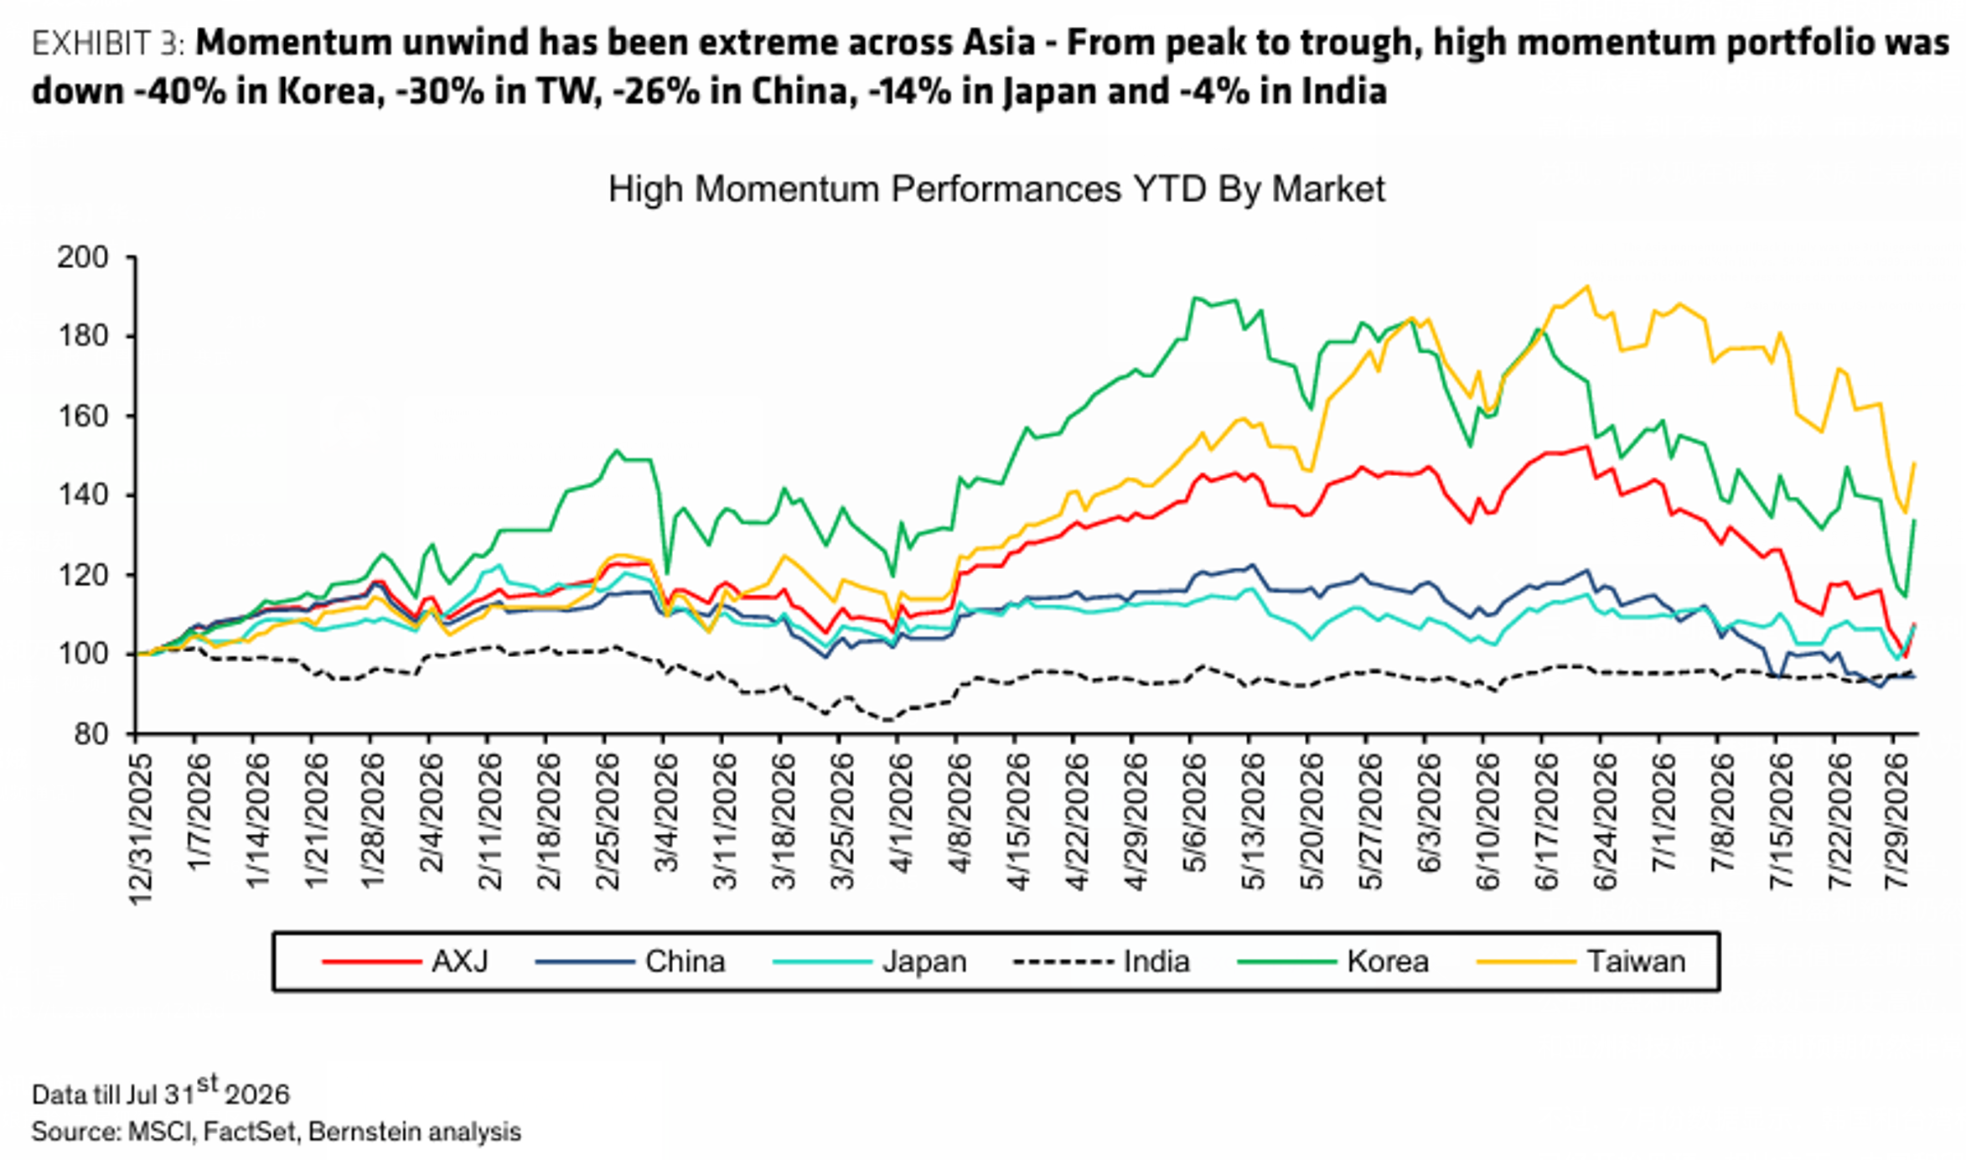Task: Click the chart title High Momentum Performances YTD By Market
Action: click(x=996, y=189)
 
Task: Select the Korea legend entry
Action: click(x=1333, y=961)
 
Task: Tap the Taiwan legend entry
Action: click(x=1581, y=961)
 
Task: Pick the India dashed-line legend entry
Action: click(x=1101, y=961)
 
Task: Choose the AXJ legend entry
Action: click(x=406, y=961)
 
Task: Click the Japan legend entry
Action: click(x=870, y=961)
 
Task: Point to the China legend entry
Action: click(x=630, y=961)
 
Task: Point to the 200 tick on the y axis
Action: click(x=83, y=256)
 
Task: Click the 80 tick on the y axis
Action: click(x=91, y=734)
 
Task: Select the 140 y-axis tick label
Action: click(x=83, y=495)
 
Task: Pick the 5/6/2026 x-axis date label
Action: click(x=1195, y=813)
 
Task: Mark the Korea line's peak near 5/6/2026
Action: click(x=1194, y=298)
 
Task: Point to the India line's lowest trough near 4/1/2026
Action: click(x=888, y=719)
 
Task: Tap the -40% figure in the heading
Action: click(x=180, y=91)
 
